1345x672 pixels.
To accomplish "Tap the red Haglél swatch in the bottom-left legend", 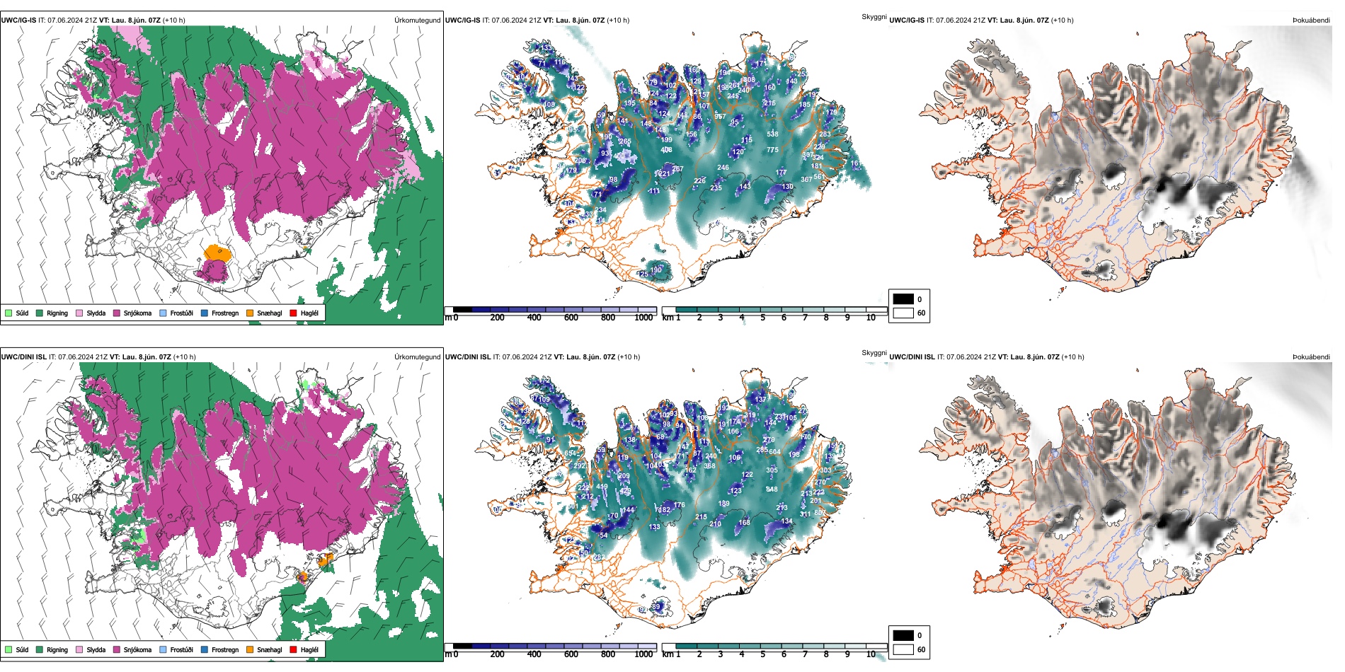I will pos(293,649).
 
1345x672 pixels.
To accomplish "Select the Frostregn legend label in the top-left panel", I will pos(224,313).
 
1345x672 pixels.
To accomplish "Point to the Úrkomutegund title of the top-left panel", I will pos(417,20).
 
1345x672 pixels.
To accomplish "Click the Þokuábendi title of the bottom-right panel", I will pos(1311,357).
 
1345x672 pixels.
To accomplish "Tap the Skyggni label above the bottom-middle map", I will pos(874,352).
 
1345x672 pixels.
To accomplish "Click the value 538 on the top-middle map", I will pos(772,134).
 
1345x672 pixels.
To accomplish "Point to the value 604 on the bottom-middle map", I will pos(774,452).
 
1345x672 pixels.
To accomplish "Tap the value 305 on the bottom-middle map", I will pos(772,470).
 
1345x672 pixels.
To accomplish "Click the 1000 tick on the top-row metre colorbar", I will pos(643,318).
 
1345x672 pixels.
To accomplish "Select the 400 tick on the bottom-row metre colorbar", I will pos(534,654).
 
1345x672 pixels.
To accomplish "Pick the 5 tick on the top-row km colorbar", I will pos(762,318).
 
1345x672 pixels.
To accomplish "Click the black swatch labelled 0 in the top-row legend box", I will pos(903,299).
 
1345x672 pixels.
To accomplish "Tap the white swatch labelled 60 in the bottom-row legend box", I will pos(903,649).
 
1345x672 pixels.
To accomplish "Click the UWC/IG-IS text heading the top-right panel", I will pos(906,20).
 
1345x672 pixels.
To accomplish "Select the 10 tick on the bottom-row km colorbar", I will pos(871,654).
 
